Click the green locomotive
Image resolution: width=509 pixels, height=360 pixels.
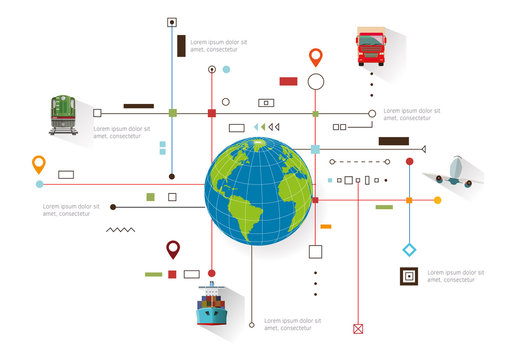[64, 114]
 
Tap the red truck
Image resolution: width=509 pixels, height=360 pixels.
[371, 46]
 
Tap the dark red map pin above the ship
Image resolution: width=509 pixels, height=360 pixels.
[173, 248]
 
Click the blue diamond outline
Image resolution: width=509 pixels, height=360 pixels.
[409, 248]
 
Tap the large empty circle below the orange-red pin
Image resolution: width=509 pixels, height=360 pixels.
[316, 82]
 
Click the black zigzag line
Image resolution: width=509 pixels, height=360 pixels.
[121, 230]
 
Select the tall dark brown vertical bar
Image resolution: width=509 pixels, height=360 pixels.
[181, 45]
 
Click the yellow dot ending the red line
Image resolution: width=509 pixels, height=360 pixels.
[437, 200]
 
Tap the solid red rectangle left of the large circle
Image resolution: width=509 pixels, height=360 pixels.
[288, 81]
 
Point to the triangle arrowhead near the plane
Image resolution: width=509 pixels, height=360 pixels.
[423, 149]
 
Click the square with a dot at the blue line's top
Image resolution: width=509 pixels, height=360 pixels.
[172, 21]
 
